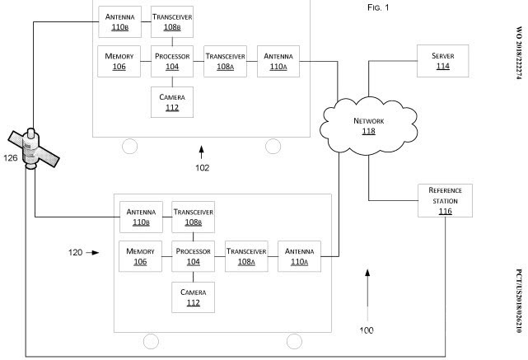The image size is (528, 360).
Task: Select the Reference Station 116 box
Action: pyautogui.click(x=445, y=201)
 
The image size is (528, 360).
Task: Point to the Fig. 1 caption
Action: pyautogui.click(x=376, y=7)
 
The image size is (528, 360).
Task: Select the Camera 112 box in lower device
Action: pyautogui.click(x=194, y=297)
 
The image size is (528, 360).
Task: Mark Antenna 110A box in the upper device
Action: pyautogui.click(x=278, y=60)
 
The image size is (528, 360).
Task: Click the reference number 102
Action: pyautogui.click(x=203, y=167)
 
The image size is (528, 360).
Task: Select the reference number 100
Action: pyautogui.click(x=366, y=330)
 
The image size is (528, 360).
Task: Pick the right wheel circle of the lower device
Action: pyautogui.click(x=294, y=342)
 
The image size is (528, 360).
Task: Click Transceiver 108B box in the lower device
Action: pyautogui.click(x=194, y=217)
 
